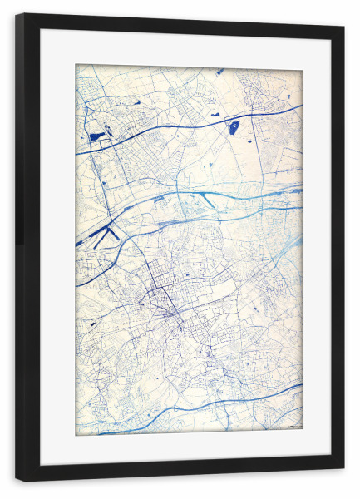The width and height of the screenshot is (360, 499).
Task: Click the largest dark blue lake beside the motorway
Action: click(x=234, y=127)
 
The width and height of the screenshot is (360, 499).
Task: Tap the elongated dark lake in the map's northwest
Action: click(x=96, y=135)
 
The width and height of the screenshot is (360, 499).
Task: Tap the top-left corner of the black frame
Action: click(x=17, y=15)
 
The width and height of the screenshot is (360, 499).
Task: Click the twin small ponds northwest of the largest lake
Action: click(x=215, y=113)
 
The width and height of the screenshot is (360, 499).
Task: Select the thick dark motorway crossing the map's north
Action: click(x=166, y=127)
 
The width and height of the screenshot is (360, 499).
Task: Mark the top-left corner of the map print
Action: click(x=76, y=65)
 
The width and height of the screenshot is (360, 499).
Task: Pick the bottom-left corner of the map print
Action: click(x=76, y=435)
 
